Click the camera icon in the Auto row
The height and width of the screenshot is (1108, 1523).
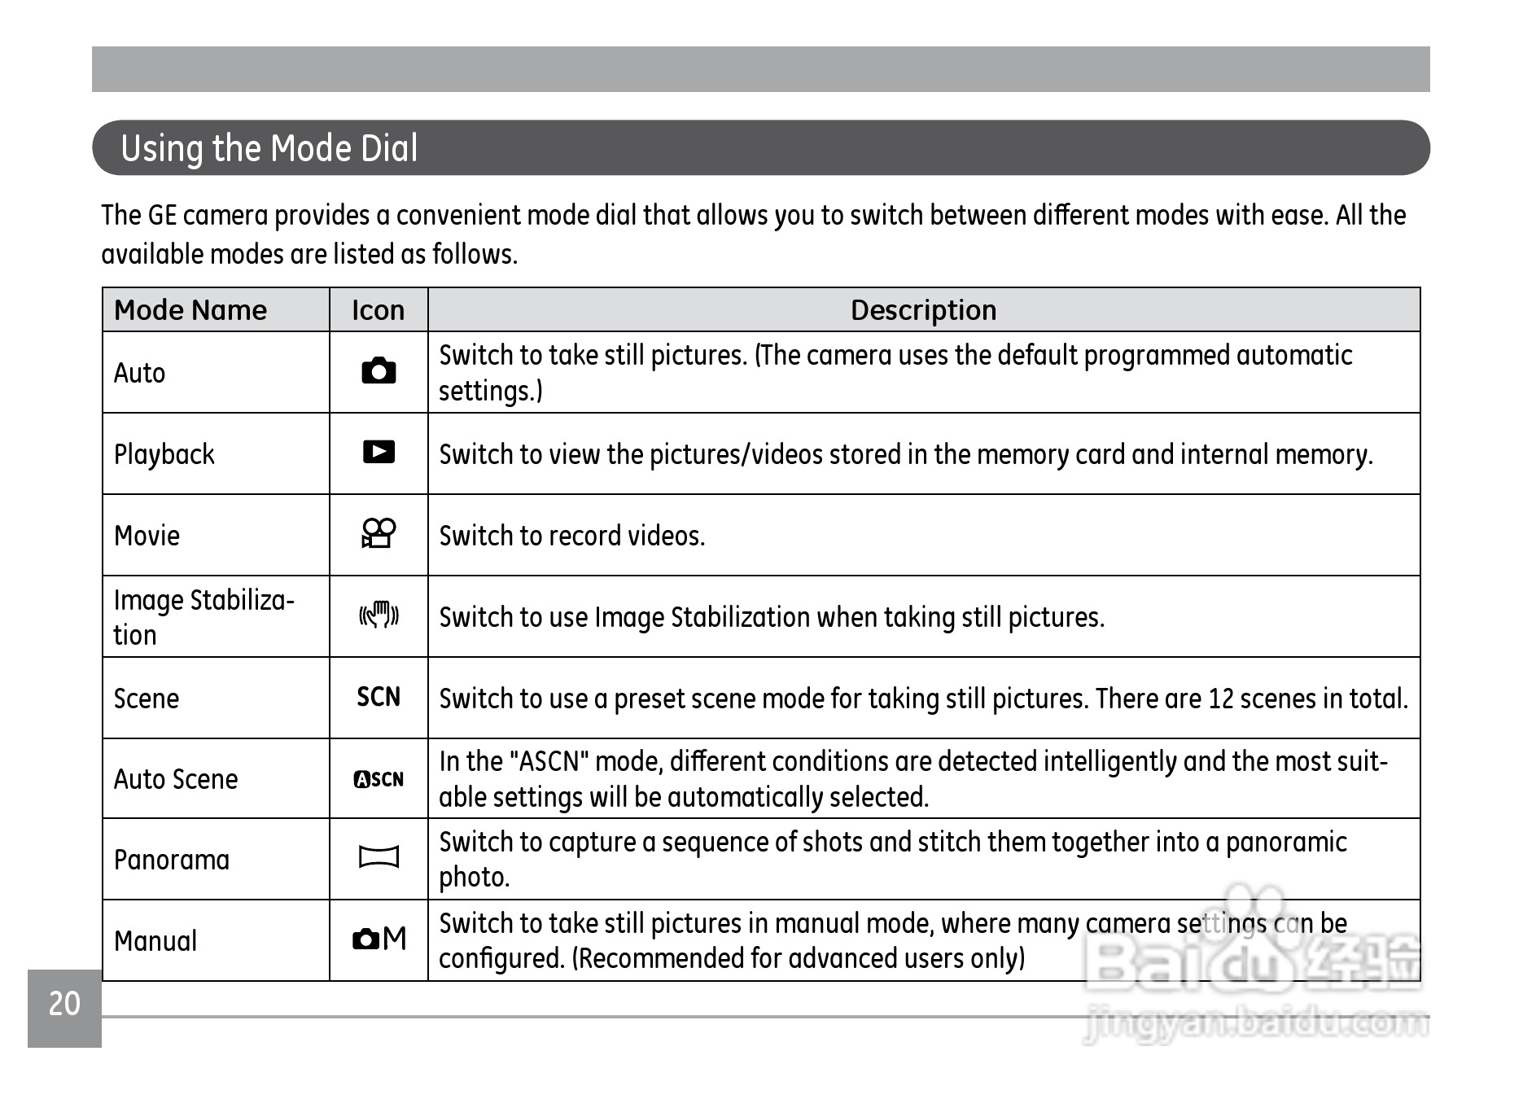click(x=379, y=371)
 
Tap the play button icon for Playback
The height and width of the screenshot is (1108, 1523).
click(x=379, y=452)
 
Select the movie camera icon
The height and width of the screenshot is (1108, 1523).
click(x=379, y=533)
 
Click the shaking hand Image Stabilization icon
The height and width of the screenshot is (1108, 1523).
click(x=379, y=615)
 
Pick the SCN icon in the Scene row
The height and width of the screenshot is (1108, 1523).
click(x=379, y=697)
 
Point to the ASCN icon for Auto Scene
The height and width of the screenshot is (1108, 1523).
click(x=379, y=779)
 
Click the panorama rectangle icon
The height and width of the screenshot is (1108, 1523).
click(x=379, y=857)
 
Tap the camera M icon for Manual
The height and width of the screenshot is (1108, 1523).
click(x=379, y=939)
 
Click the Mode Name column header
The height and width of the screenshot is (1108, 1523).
click(x=190, y=310)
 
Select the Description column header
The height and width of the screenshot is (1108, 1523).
click(x=923, y=310)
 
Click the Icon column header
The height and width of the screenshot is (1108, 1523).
click(x=378, y=310)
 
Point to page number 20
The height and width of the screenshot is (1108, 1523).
click(x=64, y=1004)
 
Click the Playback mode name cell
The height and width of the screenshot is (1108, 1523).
click(x=164, y=454)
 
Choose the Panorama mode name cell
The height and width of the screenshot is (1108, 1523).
click(x=172, y=860)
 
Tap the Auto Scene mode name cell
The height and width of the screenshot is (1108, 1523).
click(x=176, y=779)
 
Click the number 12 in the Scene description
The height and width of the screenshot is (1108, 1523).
click(x=1221, y=699)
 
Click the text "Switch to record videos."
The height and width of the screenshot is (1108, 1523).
click(x=571, y=536)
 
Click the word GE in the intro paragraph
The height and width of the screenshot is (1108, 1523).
click(x=161, y=215)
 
